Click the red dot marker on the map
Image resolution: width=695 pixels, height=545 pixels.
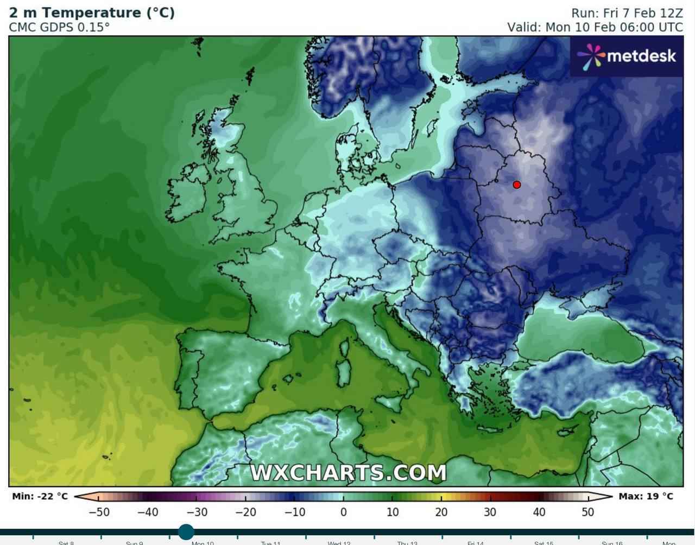(516, 185)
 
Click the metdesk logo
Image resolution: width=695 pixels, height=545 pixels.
(627, 56)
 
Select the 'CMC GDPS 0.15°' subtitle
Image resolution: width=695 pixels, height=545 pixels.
(59, 27)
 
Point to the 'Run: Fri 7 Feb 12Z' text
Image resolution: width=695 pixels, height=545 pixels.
(627, 13)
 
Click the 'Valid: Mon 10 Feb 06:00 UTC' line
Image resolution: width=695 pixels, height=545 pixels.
(595, 27)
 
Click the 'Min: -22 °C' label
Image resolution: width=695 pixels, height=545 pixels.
(40, 496)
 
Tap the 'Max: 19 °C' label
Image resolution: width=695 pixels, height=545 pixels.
(646, 496)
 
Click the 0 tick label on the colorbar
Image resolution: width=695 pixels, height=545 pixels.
(343, 511)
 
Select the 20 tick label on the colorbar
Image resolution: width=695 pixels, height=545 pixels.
(441, 511)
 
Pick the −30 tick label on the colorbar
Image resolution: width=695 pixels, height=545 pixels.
(197, 511)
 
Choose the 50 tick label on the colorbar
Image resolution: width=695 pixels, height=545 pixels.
(587, 511)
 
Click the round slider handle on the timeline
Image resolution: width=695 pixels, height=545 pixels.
(186, 531)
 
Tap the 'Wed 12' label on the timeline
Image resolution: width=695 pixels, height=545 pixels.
(339, 542)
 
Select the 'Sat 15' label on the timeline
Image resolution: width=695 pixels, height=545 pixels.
(543, 542)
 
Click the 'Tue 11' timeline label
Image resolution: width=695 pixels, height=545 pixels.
(270, 542)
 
